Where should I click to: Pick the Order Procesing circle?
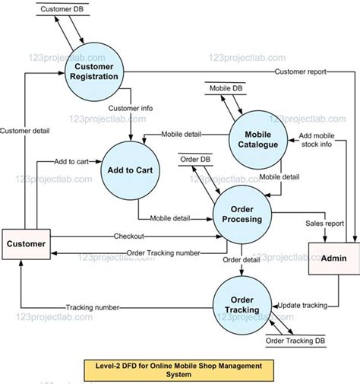[242, 213]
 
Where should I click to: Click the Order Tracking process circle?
[242, 304]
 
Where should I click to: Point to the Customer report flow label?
[300, 71]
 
